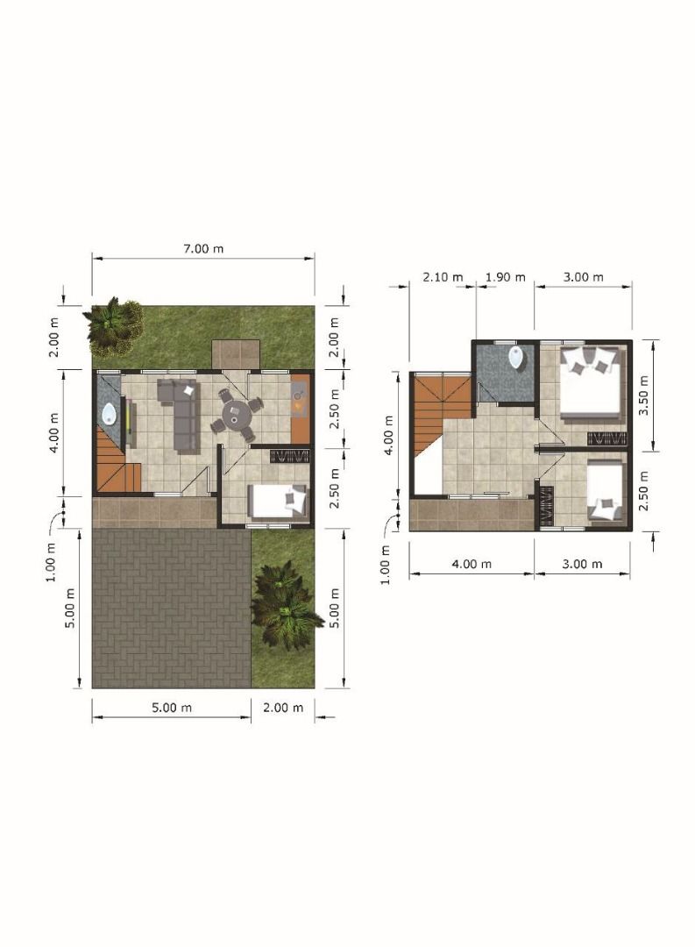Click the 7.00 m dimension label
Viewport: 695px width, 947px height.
coord(203,248)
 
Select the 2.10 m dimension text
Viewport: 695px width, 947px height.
coord(443,277)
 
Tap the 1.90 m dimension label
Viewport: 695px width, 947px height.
coord(506,277)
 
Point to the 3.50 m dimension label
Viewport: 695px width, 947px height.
coord(643,395)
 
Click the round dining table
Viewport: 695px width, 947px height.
coord(234,415)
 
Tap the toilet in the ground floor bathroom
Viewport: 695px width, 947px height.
coord(110,414)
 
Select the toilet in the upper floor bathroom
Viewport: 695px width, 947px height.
coord(517,358)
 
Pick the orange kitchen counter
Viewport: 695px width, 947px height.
coord(300,409)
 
